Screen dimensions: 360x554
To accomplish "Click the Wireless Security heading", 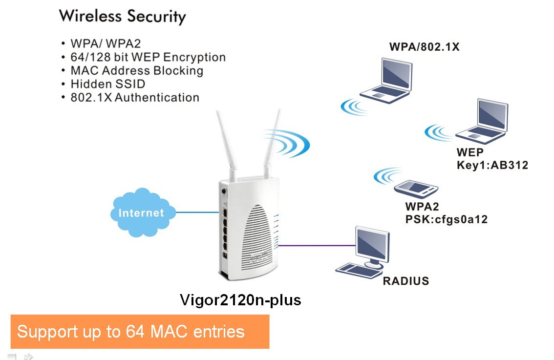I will click(122, 17).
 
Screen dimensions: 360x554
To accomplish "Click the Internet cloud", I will click(141, 212).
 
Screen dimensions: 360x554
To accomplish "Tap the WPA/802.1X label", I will click(424, 47).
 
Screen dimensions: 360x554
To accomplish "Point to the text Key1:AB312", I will click(492, 165).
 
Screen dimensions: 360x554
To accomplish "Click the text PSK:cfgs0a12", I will click(446, 219).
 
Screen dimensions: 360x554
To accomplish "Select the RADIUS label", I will click(405, 281).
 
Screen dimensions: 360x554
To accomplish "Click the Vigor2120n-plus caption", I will click(240, 299).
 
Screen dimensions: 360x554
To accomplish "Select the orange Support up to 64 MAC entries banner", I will click(140, 332).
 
